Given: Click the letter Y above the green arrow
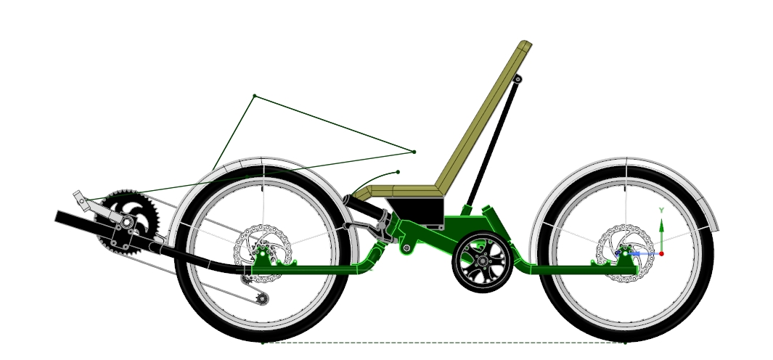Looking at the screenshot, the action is tap(661, 210).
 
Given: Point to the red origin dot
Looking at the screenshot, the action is tap(661, 253).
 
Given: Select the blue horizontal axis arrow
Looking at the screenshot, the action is tap(642, 253).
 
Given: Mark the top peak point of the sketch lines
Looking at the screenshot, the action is tap(254, 96).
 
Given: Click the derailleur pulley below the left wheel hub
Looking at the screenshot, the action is tap(262, 298).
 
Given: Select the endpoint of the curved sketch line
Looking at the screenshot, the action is tap(398, 172).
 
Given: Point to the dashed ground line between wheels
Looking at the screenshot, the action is tap(443, 342).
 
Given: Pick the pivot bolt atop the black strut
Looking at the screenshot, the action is tap(518, 78).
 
